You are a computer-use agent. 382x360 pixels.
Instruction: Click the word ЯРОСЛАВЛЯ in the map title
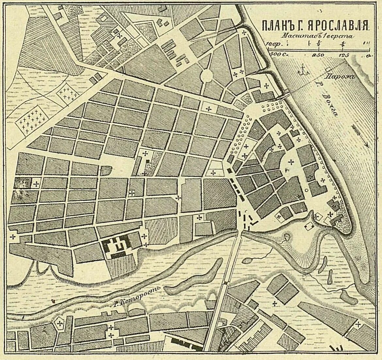[x=340, y=25]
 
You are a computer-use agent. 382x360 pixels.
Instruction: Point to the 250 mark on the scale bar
[x=319, y=55]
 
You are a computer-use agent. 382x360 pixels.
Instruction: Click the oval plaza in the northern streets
[x=206, y=76]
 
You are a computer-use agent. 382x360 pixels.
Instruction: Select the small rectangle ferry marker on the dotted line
[x=328, y=69]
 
